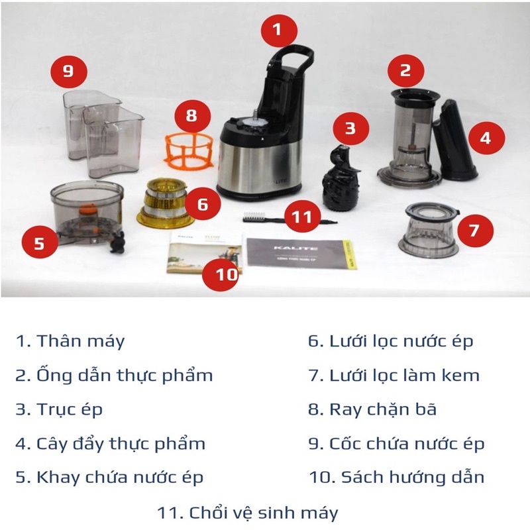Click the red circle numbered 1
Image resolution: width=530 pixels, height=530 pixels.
(x=277, y=30)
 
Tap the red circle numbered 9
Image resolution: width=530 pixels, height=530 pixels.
(x=68, y=72)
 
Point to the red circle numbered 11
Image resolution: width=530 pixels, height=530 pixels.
(x=303, y=217)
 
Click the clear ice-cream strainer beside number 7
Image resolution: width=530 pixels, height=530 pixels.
(x=429, y=232)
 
